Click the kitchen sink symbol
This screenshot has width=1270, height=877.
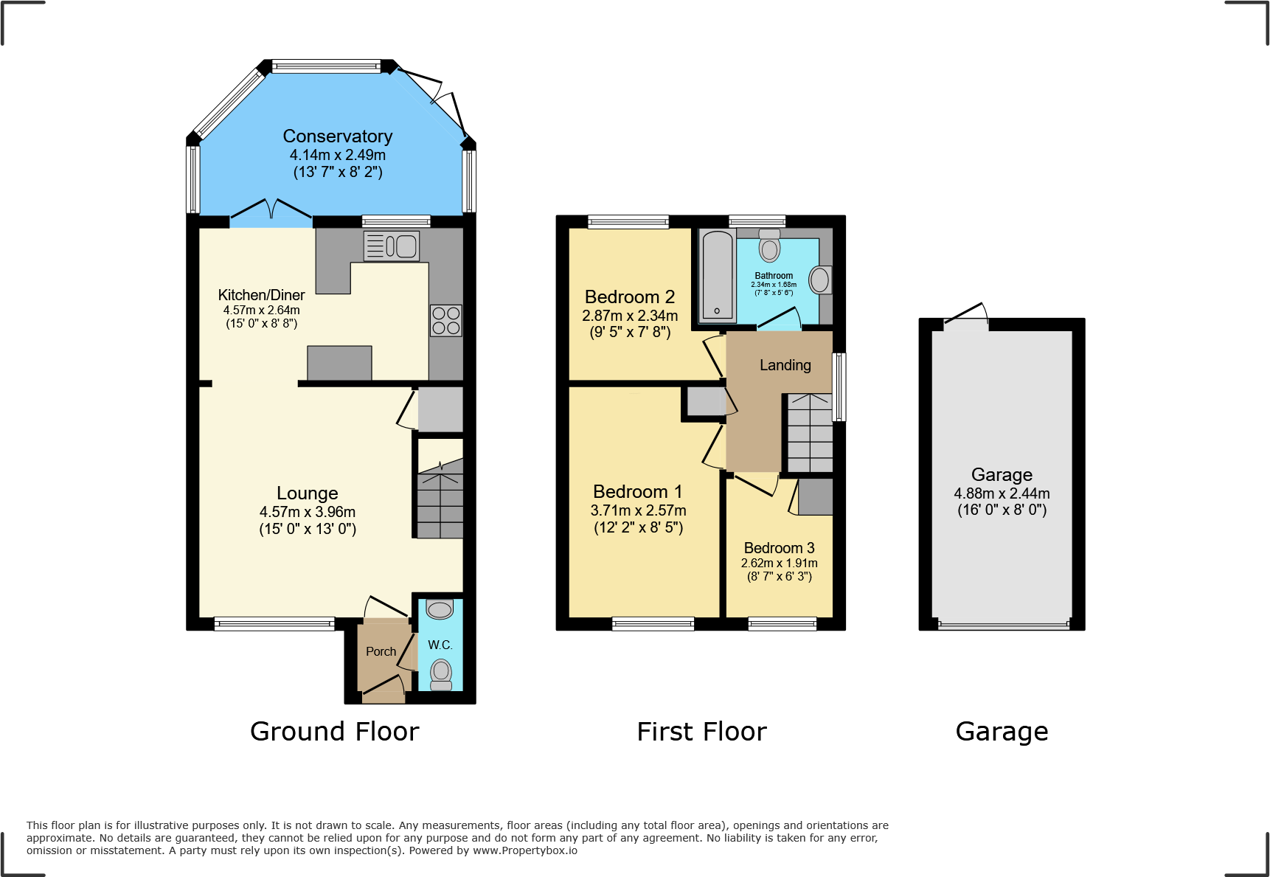pyautogui.click(x=392, y=246)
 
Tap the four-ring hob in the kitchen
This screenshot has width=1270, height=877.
pyautogui.click(x=446, y=321)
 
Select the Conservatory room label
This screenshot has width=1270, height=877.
pyautogui.click(x=338, y=136)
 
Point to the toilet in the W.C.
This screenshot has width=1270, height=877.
pyautogui.click(x=441, y=673)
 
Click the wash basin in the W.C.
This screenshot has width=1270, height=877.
pyautogui.click(x=440, y=610)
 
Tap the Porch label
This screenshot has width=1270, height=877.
pyautogui.click(x=381, y=651)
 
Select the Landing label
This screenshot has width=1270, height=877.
pyautogui.click(x=785, y=365)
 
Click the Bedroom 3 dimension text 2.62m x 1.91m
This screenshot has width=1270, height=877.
pyautogui.click(x=779, y=563)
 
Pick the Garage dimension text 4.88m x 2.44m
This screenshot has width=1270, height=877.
pyautogui.click(x=1002, y=493)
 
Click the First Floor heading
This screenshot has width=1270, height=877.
pyautogui.click(x=701, y=732)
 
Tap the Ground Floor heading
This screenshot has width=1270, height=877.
pyautogui.click(x=334, y=732)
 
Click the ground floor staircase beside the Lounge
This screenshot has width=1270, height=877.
pyautogui.click(x=440, y=502)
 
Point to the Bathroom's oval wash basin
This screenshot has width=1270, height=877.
pyautogui.click(x=819, y=280)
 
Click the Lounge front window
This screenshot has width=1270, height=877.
pyautogui.click(x=274, y=624)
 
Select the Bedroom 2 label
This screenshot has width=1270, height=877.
pyautogui.click(x=629, y=297)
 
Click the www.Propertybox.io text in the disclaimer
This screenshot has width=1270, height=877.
pyautogui.click(x=525, y=850)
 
